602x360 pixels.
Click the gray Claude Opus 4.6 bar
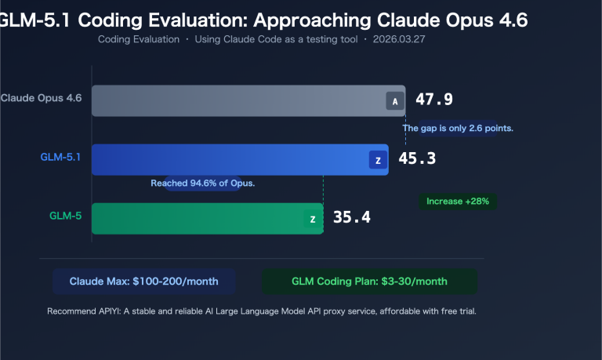(x=235, y=101)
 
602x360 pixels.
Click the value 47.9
(x=434, y=100)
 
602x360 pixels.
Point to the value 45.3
(x=417, y=159)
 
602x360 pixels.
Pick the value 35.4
(x=352, y=217)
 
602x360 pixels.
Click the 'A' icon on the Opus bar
(x=395, y=101)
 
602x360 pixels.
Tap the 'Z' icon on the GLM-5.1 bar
(x=378, y=160)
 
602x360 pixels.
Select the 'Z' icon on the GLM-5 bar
(x=313, y=219)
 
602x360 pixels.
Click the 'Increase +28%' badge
(x=458, y=202)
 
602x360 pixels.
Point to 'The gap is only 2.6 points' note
(x=458, y=128)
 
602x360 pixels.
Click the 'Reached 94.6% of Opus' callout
(x=203, y=183)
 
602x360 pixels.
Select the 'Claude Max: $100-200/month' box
(x=143, y=281)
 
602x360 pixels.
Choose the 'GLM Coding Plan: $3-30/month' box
(x=369, y=281)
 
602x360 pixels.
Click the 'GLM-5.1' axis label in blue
(x=61, y=156)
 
